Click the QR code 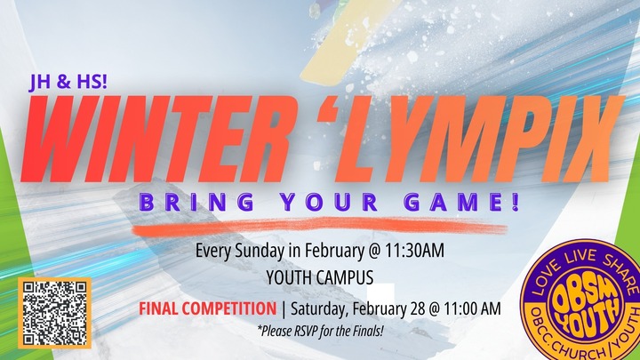coord(54,312)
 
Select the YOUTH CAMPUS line coord(319,276)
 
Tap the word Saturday coord(319,309)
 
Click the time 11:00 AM coord(471,309)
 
